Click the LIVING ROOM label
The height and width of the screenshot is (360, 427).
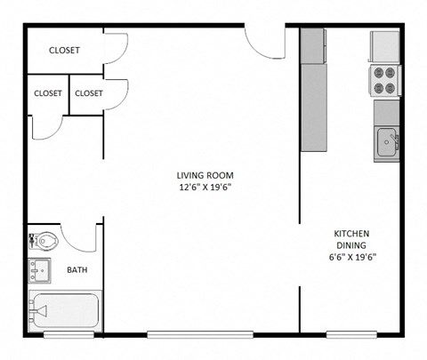[x=205, y=174]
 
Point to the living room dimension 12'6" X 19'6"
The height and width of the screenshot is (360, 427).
[x=205, y=188]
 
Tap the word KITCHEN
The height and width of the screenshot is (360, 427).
[x=351, y=233]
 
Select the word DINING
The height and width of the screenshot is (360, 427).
[x=351, y=245]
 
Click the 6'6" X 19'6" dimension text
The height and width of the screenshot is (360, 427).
[x=351, y=258]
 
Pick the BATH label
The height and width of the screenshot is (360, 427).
[x=77, y=270]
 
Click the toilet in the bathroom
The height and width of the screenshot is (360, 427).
[x=45, y=239]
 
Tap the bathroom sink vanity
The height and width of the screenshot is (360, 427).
[x=40, y=268]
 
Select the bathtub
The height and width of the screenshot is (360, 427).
[x=65, y=311]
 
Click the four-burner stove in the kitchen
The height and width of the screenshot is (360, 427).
[x=385, y=81]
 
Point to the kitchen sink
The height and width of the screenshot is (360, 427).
[x=386, y=141]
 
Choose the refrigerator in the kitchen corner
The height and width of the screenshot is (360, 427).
[x=385, y=45]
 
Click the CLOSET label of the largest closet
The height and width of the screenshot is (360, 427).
[x=64, y=51]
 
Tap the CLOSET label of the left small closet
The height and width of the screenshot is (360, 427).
[x=48, y=93]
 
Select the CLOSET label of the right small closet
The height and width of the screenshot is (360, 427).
[x=89, y=93]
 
